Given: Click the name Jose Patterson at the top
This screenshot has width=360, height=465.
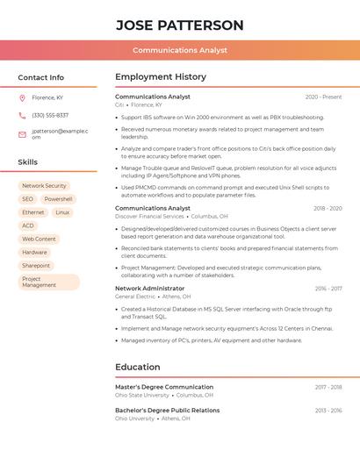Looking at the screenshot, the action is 180,25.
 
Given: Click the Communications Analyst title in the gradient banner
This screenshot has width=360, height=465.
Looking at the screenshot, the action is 180,51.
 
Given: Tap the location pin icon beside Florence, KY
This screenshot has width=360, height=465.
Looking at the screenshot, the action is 22,97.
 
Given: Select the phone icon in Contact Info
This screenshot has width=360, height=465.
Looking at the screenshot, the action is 22,115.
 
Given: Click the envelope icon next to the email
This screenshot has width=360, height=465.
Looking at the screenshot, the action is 22,134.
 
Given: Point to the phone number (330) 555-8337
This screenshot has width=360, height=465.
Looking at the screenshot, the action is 50,115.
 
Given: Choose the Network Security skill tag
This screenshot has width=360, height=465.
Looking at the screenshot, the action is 44,186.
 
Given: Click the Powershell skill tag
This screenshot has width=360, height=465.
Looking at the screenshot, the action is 58,199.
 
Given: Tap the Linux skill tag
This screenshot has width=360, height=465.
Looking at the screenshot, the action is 62,212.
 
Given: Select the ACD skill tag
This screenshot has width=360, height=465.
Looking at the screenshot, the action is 28,225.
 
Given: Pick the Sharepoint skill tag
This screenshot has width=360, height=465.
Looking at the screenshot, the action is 36,265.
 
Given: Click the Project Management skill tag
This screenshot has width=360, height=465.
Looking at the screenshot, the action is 48,282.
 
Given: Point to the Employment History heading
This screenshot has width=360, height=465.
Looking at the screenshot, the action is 160,76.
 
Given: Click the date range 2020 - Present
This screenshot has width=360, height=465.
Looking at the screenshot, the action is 323,97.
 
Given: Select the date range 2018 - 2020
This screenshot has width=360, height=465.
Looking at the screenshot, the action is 327,208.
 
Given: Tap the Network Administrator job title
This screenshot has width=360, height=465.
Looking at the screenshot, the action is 149,288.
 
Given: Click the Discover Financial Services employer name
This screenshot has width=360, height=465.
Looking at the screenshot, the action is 149,216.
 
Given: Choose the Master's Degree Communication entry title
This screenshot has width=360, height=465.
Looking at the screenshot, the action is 164,387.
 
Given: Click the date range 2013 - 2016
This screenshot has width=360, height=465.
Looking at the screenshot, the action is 328,411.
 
